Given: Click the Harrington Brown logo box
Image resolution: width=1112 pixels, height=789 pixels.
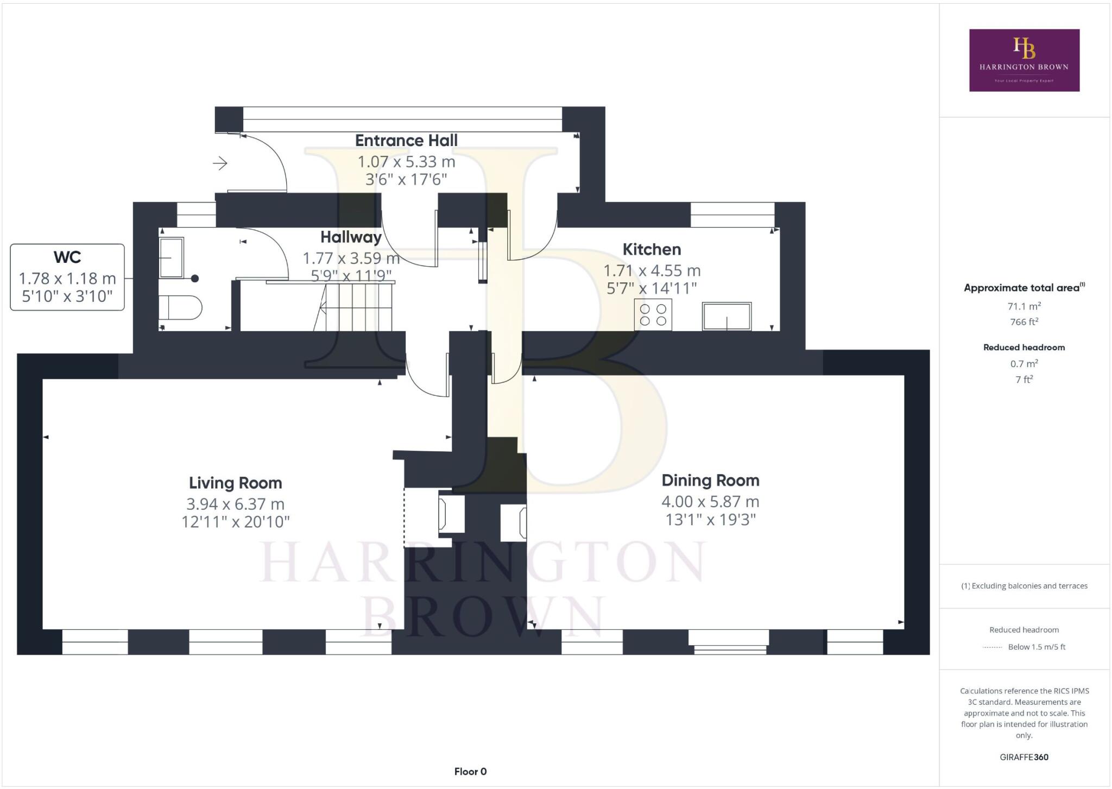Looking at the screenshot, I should click(x=1024, y=60).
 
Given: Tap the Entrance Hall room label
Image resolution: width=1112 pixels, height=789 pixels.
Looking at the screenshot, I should click(x=406, y=140).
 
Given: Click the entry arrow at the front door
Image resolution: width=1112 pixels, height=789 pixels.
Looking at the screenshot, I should click(x=220, y=163).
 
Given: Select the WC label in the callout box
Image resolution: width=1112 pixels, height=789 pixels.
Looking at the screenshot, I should click(x=67, y=257).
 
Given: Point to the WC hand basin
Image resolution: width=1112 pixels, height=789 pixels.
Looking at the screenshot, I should click(x=172, y=257).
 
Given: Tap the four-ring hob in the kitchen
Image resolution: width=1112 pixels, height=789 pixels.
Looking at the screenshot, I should click(x=653, y=314).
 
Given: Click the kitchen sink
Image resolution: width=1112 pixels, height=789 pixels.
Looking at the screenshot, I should click(x=727, y=316).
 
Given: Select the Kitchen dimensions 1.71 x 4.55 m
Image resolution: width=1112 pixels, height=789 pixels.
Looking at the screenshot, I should click(x=652, y=270).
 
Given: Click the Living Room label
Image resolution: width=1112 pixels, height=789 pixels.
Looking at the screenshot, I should click(x=235, y=483).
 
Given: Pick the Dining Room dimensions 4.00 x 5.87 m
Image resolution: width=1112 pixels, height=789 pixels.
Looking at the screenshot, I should click(x=710, y=501).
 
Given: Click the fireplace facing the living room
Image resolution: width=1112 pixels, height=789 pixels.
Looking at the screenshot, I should click(x=451, y=514).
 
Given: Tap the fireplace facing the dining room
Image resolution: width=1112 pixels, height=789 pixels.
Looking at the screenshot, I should click(x=514, y=522).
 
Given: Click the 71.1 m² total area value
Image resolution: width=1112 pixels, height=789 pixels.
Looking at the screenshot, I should click(x=1024, y=306).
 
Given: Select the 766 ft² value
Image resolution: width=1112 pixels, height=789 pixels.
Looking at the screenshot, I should click(x=1024, y=322).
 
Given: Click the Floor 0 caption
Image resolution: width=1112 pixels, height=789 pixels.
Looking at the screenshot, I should click(x=470, y=772).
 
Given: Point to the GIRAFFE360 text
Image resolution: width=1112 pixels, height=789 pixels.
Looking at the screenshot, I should click(x=1024, y=757).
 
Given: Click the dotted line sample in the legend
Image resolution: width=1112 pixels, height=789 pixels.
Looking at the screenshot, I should click(x=993, y=647).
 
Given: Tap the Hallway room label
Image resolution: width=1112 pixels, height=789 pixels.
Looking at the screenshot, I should click(x=351, y=237).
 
